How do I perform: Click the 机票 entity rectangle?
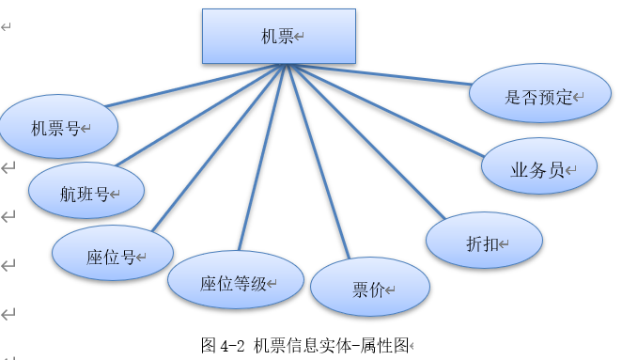point(279,37)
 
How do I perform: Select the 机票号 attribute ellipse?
point(59,128)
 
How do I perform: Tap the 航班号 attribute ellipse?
point(86,194)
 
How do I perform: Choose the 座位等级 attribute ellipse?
point(235,283)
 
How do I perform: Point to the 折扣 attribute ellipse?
point(484,242)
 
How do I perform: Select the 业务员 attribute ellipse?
point(539,169)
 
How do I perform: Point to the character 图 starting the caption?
point(209,345)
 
